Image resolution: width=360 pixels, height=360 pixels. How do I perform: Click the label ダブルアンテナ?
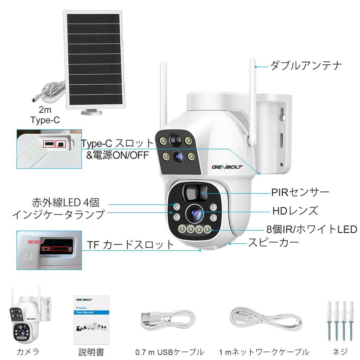(306, 65)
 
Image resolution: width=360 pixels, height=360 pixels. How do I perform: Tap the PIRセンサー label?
(300, 192)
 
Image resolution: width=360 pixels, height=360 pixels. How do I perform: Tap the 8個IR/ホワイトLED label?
(311, 229)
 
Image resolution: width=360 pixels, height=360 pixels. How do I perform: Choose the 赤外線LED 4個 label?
(66, 202)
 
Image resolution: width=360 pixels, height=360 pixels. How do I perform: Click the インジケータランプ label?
(58, 214)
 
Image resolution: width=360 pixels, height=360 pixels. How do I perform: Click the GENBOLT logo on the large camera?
(227, 166)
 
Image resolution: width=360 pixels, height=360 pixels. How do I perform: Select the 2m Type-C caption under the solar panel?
(45, 115)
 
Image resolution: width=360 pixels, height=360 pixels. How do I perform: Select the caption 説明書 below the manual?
(91, 352)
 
